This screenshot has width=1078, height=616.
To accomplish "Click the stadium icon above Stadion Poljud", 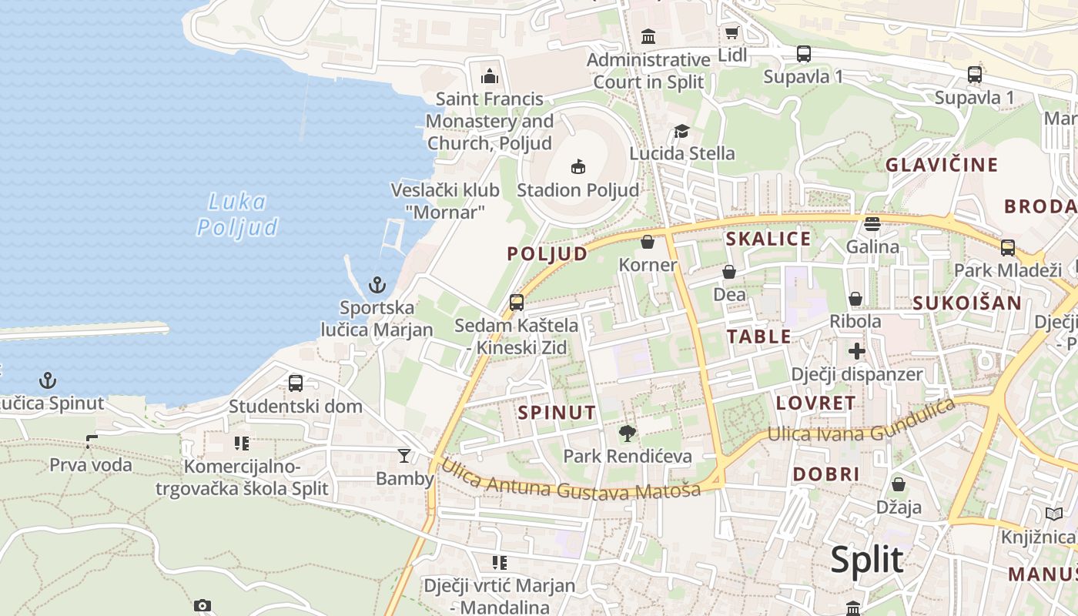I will [x=577, y=166].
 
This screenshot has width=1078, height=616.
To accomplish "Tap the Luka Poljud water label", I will [x=237, y=215].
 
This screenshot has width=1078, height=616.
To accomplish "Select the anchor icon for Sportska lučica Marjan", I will [x=377, y=286].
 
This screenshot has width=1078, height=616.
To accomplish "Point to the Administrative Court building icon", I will [x=648, y=36].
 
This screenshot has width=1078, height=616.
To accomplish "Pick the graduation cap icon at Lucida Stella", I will [x=681, y=132].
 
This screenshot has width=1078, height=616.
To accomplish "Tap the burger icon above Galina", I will [x=872, y=224].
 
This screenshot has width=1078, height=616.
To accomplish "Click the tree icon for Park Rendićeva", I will [x=628, y=434].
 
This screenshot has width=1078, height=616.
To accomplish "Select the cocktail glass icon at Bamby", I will [x=404, y=456].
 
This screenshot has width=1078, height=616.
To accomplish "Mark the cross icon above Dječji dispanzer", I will [x=856, y=352].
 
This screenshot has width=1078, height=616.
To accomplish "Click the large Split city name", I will [x=866, y=560].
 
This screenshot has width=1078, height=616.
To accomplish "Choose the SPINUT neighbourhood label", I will [x=557, y=413].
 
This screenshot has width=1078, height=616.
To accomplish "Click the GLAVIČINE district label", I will [x=941, y=165].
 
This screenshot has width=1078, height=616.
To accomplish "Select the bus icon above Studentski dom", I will [x=295, y=383].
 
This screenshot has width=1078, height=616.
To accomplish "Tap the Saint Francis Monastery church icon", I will [x=489, y=76].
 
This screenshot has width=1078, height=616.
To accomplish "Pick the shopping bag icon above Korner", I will [x=648, y=242].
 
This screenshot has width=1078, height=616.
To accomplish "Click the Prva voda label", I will [x=91, y=465].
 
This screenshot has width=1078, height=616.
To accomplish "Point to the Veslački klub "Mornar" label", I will [x=445, y=201].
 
